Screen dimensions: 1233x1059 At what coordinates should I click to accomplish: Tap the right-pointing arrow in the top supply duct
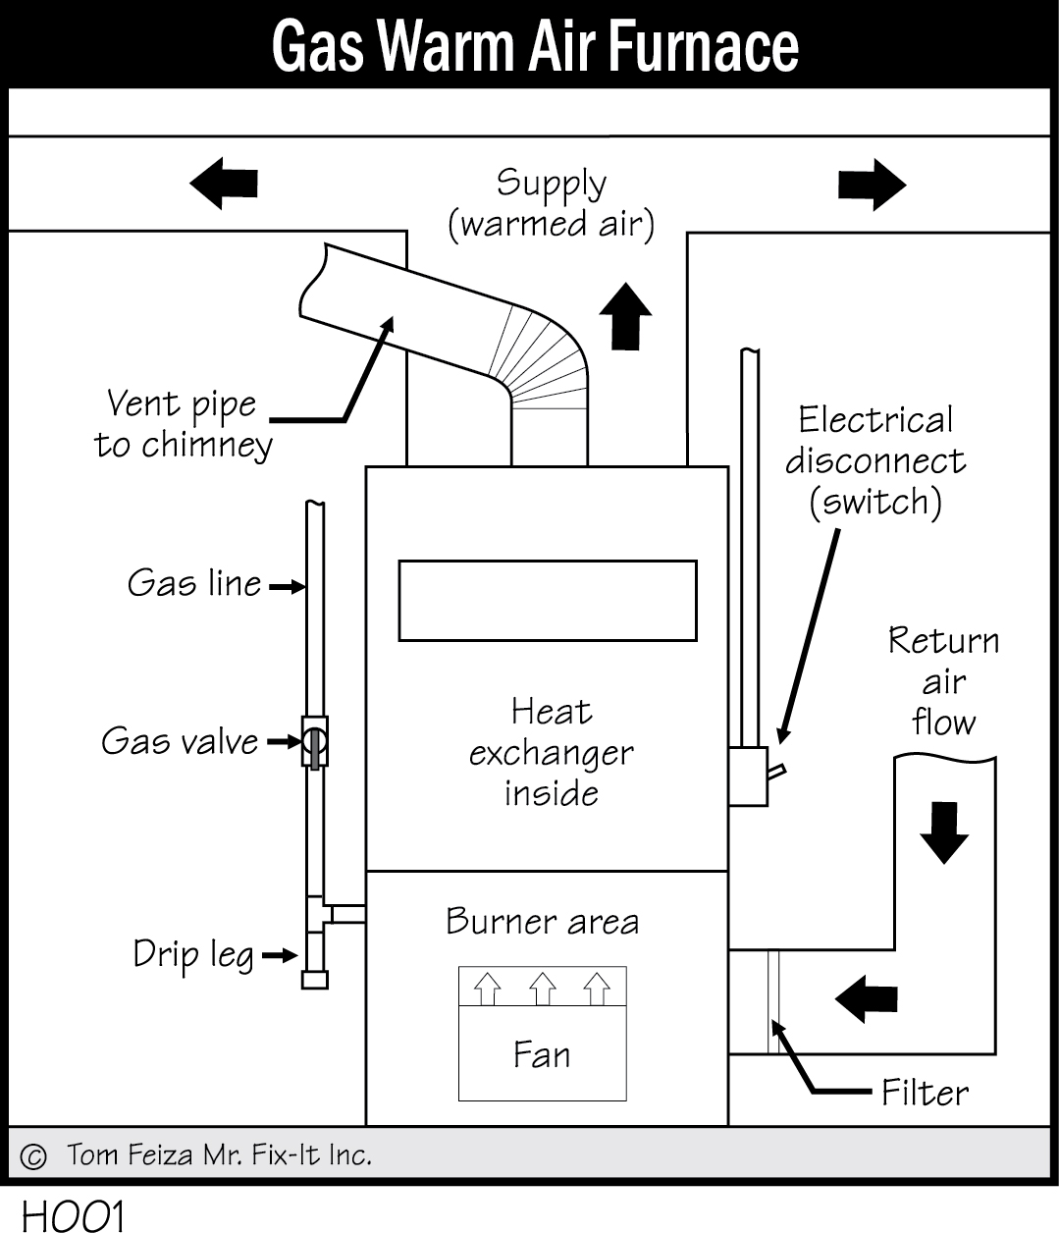(871, 184)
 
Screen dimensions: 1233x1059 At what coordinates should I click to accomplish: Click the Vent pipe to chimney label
(184, 424)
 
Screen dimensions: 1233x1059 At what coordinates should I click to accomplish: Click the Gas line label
(194, 584)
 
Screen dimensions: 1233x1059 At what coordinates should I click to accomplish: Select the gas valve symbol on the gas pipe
(314, 742)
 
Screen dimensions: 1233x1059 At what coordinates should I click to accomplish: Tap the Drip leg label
(193, 954)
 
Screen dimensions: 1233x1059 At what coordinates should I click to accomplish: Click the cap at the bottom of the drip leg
(315, 979)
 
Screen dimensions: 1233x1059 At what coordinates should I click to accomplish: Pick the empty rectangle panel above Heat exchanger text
(547, 601)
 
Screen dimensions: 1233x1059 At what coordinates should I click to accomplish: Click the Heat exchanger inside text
(551, 752)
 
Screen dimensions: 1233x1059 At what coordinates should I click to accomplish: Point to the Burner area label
(542, 922)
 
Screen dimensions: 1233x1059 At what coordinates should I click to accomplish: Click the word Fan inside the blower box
(542, 1054)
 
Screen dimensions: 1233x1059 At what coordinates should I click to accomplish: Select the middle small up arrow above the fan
(543, 989)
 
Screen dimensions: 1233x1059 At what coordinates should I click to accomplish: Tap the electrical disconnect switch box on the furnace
(748, 777)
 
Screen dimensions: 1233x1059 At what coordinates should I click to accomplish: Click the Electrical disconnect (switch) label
(875, 460)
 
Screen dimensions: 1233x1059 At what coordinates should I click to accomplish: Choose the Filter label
(925, 1092)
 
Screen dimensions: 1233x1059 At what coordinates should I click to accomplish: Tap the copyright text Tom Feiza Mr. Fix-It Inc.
(219, 1155)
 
